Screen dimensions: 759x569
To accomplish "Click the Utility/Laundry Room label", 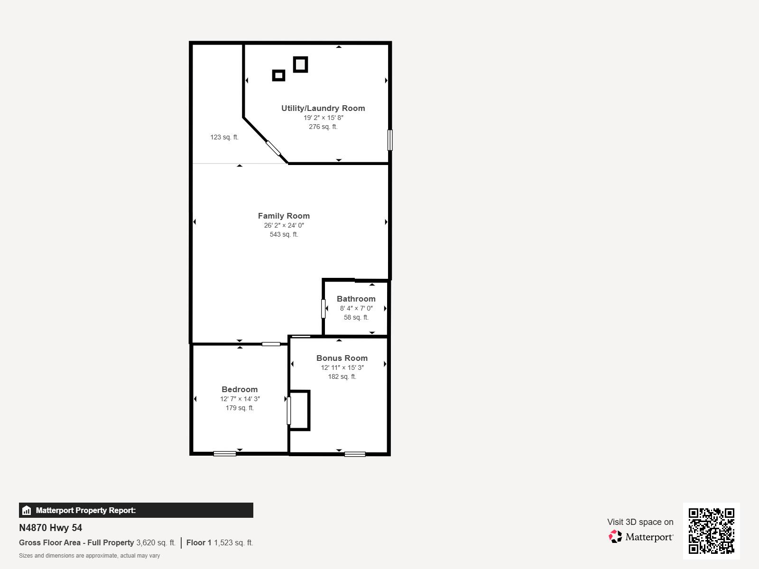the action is [x=323, y=109].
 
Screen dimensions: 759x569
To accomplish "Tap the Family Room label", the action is [x=284, y=216].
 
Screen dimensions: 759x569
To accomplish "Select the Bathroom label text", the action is [x=356, y=299].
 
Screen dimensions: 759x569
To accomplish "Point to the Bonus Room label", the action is [x=342, y=358].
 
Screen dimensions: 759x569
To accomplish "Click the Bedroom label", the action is [x=240, y=389].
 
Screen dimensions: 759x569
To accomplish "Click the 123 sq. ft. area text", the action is [x=224, y=137].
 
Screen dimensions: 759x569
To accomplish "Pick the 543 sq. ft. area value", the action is [x=284, y=235].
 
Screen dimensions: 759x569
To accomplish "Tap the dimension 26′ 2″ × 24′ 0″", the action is [x=284, y=226].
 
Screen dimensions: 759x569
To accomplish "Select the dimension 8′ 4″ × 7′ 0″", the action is [x=356, y=308].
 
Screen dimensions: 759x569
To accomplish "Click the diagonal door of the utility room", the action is [x=273, y=148].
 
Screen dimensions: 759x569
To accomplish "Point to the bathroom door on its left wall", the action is [x=324, y=309].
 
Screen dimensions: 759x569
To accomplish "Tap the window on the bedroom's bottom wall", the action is [x=225, y=454].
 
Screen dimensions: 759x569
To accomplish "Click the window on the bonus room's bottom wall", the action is [x=355, y=454].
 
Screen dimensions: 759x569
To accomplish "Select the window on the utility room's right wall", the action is [x=390, y=140].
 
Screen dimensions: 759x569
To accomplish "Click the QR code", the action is [x=711, y=531].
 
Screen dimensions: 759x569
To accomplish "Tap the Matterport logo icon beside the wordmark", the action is [x=615, y=537].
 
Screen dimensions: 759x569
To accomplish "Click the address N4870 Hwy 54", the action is [x=50, y=528].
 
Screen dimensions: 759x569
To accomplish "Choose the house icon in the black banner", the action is [x=27, y=510].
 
